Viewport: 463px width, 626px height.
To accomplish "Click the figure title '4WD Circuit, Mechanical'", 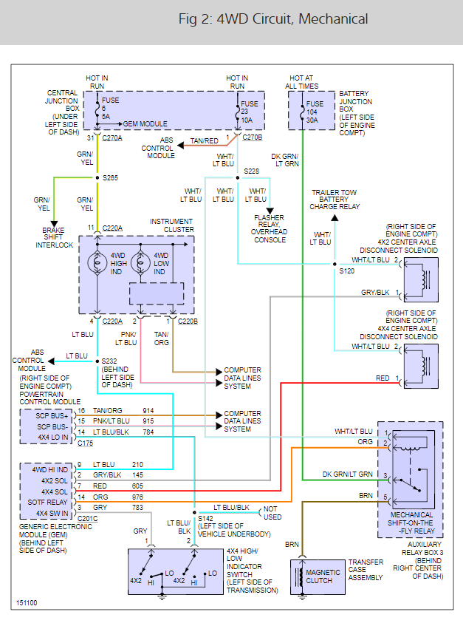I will click(x=273, y=19).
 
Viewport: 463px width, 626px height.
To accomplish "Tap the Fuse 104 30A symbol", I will click(x=302, y=114).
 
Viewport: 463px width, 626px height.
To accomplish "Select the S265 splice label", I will click(x=109, y=178).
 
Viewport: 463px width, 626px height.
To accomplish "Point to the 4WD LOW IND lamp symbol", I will click(x=140, y=262).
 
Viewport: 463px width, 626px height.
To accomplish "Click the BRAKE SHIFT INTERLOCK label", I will click(x=54, y=238).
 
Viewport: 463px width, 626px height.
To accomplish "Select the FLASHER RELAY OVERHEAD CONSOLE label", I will click(x=269, y=229).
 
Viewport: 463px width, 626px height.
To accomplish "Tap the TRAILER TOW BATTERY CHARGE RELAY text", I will click(x=335, y=200).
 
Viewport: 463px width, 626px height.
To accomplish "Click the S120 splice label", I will click(x=346, y=271).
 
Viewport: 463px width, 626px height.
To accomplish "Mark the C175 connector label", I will click(x=86, y=443).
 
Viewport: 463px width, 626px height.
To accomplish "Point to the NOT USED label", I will click(x=272, y=513).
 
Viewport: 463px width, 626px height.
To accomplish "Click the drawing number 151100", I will click(x=26, y=603).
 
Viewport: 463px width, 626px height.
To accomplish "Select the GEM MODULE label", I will click(x=145, y=124).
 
